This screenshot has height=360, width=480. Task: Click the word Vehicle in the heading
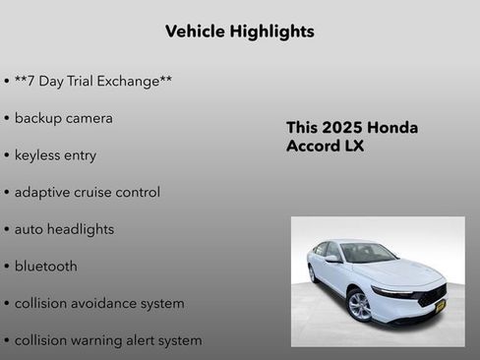pyautogui.click(x=195, y=31)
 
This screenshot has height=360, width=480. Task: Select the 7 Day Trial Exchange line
pyautogui.click(x=93, y=81)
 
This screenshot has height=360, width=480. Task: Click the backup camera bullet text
pyautogui.click(x=63, y=118)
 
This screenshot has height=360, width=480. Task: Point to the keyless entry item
pyautogui.click(x=55, y=155)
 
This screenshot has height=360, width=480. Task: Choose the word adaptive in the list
pyautogui.click(x=45, y=192)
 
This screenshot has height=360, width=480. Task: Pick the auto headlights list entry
pyautogui.click(x=64, y=229)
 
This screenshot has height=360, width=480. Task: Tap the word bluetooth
pyautogui.click(x=45, y=267)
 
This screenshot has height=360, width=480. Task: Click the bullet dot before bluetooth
pyautogui.click(x=7, y=267)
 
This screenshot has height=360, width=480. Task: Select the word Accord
pyautogui.click(x=313, y=147)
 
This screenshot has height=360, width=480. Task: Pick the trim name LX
pyautogui.click(x=354, y=147)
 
